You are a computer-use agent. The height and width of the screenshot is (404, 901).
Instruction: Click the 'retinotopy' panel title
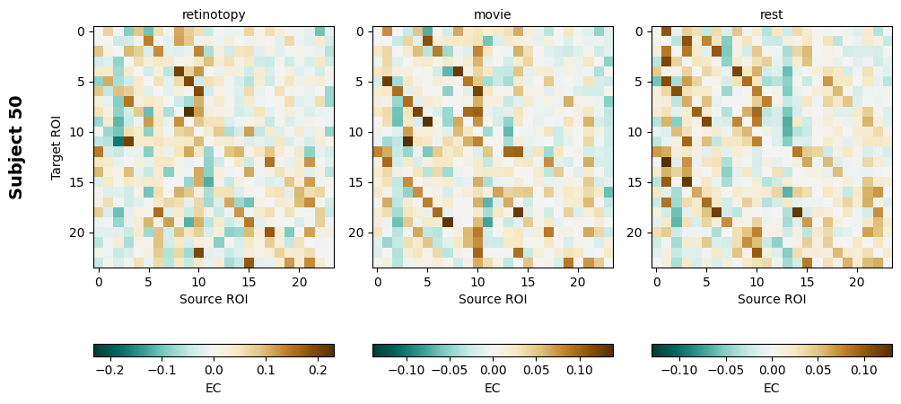[214, 14]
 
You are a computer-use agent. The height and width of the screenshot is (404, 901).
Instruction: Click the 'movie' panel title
[493, 14]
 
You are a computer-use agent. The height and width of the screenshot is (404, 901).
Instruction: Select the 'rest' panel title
[772, 14]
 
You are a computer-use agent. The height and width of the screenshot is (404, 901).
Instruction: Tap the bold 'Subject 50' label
[16, 147]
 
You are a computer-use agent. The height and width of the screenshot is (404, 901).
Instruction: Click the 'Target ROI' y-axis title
[57, 147]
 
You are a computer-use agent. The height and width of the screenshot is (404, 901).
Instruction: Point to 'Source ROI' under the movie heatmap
[493, 299]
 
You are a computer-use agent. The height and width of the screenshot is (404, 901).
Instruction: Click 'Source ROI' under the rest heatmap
[772, 299]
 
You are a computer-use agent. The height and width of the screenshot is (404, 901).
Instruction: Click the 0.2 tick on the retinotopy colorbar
[318, 369]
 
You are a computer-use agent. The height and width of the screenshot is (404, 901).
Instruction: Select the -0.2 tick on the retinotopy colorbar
[109, 369]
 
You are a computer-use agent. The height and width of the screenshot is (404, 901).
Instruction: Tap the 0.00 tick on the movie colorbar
[493, 369]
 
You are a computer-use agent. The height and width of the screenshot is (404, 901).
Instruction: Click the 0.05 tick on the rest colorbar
[818, 369]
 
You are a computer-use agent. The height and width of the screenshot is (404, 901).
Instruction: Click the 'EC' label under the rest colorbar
[772, 388]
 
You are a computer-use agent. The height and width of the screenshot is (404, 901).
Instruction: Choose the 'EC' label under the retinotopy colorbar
[214, 388]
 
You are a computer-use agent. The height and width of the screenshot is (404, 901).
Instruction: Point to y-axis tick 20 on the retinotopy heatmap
[79, 233]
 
